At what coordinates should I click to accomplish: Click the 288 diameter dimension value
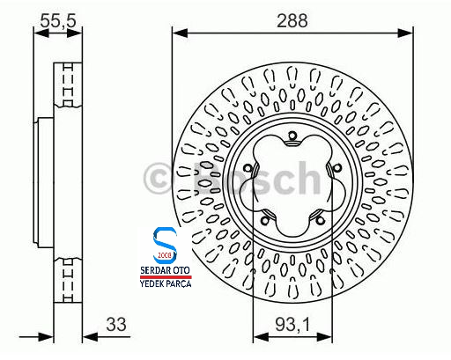pos(292,18)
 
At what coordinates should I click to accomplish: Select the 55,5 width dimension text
pos(60,18)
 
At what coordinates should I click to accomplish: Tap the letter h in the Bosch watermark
pos(299,179)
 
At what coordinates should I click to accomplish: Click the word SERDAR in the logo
pos(152,274)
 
